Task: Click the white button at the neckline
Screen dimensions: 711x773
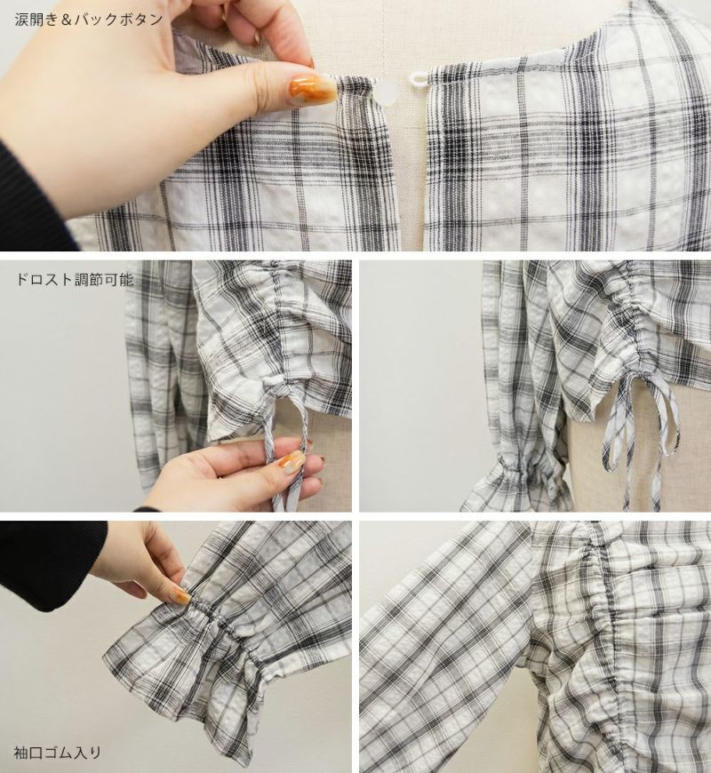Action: coord(387,92)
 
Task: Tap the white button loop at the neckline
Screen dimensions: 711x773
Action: coord(419,77)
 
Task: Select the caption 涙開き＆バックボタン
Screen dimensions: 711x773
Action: coord(89,20)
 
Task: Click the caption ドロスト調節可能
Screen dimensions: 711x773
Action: coord(75,280)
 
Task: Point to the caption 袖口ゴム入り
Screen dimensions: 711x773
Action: coord(57,753)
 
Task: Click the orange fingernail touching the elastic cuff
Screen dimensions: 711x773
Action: coord(179,596)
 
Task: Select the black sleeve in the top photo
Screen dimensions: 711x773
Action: coord(29,197)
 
